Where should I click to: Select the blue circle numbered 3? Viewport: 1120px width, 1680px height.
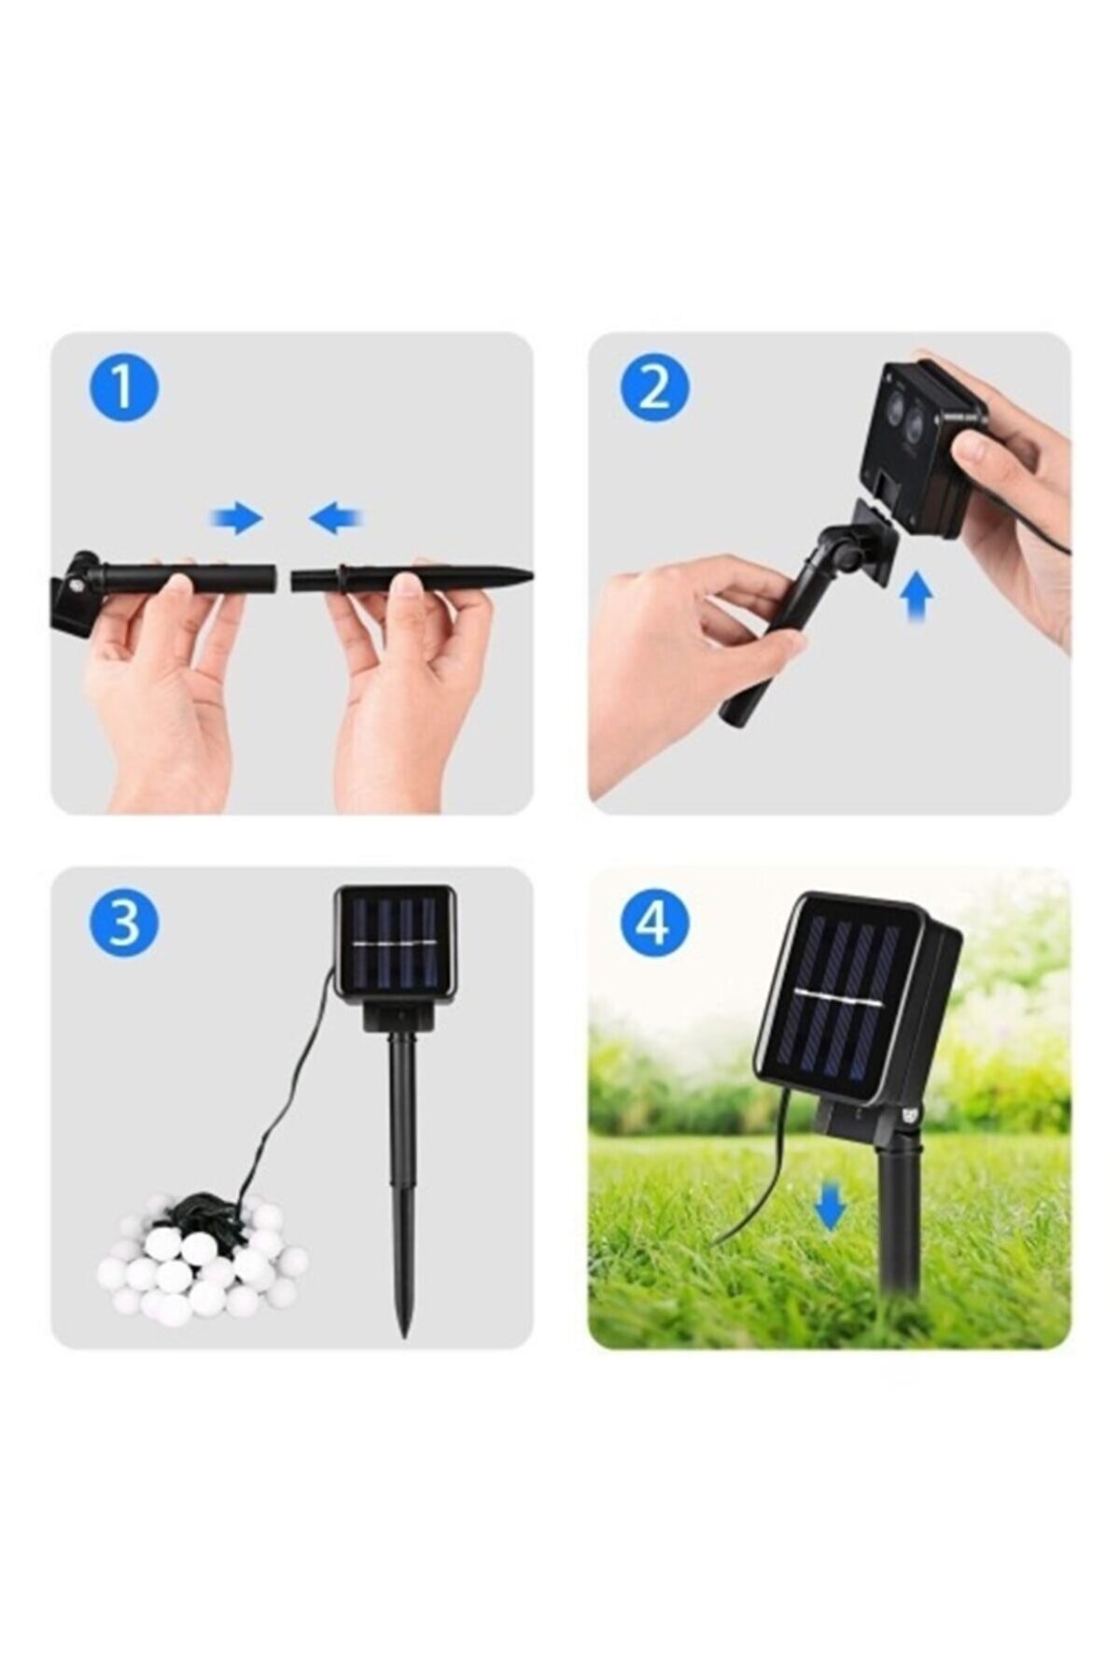(124, 922)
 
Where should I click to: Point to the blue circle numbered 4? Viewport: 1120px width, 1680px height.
(655, 922)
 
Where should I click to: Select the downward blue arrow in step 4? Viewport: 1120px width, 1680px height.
(829, 1205)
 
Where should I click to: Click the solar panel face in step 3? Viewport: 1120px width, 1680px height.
(395, 945)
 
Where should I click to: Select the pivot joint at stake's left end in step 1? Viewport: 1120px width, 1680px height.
(73, 586)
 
